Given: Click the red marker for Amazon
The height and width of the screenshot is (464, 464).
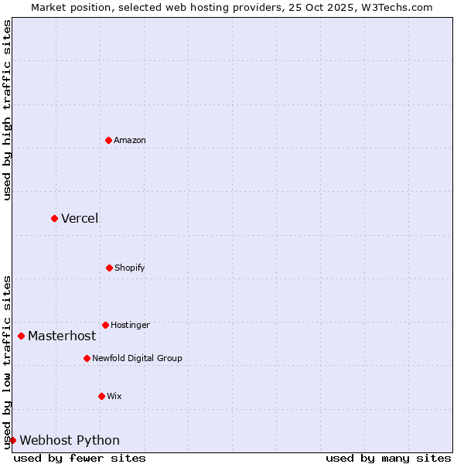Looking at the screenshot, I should tap(109, 140).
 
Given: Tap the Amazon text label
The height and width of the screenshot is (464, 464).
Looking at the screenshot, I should tap(130, 141).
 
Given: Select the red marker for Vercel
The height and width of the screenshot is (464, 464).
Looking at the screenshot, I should tap(54, 218).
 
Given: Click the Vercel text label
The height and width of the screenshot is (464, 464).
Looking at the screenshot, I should tap(80, 218).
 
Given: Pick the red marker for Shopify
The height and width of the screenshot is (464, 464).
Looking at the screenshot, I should tap(109, 268).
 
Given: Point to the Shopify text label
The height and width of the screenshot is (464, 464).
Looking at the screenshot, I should tap(130, 268).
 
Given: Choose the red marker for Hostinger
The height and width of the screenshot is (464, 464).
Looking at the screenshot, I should tap(105, 325).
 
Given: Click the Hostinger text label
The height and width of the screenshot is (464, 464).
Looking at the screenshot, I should tap(130, 326).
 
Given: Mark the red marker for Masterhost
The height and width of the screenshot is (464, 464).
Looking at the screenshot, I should tap(21, 336).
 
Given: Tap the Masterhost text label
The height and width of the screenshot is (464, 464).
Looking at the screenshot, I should tap(62, 336).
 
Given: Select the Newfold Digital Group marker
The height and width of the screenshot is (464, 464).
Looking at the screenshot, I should tap(87, 358).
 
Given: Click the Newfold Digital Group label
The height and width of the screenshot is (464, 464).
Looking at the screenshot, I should tap(137, 359).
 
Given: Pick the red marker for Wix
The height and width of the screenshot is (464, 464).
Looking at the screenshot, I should tap(101, 396).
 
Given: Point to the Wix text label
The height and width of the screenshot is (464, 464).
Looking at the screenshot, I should tap(114, 397).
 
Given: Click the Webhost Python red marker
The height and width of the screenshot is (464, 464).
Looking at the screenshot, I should tap(12, 440).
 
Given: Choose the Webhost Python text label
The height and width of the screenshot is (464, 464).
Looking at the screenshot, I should tap(70, 441).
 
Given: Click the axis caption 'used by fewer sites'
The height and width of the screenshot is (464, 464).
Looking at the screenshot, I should tap(80, 458).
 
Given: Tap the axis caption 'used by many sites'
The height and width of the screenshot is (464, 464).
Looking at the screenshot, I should tap(388, 458).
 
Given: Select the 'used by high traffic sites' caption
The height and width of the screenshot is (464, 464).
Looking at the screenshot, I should tap(7, 110).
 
